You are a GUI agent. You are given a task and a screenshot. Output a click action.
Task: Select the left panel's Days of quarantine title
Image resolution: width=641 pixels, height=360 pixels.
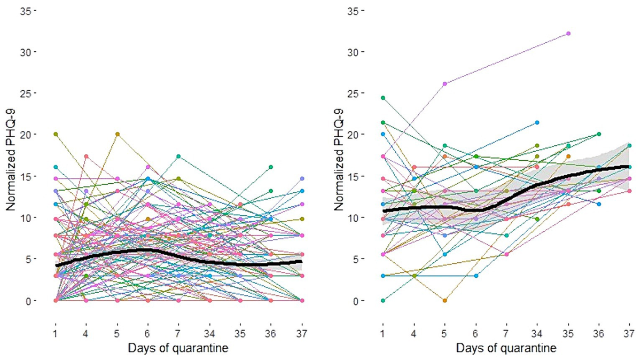coord(178,348)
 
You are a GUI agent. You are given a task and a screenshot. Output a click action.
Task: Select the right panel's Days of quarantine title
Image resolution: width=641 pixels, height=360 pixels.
coord(506,348)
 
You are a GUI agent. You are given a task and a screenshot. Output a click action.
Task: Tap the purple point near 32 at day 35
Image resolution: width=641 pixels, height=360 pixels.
coord(568,33)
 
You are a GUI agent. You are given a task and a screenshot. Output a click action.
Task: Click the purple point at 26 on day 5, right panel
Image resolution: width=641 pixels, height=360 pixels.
coord(444,83)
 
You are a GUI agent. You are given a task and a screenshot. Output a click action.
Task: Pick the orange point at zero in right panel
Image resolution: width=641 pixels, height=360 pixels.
coord(444,300)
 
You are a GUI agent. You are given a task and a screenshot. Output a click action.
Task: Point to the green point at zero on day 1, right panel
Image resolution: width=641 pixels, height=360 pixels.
coord(383,300)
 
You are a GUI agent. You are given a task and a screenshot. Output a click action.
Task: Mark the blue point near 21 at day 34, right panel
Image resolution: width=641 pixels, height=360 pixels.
coord(537,122)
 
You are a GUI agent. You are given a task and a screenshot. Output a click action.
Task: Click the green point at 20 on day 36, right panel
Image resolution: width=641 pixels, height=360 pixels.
coord(599,134)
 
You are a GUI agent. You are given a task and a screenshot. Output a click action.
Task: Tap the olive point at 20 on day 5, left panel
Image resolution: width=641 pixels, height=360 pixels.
coord(118,134)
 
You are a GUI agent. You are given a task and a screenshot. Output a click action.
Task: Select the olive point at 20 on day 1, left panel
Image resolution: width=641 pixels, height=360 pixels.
coord(56,134)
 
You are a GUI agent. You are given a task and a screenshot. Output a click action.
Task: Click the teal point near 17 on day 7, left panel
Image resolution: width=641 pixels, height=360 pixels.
coord(179,156)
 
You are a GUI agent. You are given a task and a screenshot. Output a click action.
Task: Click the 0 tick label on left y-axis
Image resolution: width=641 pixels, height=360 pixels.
coord(29,301)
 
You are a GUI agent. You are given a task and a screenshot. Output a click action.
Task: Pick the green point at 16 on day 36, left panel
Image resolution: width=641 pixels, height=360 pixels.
coord(271,167)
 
